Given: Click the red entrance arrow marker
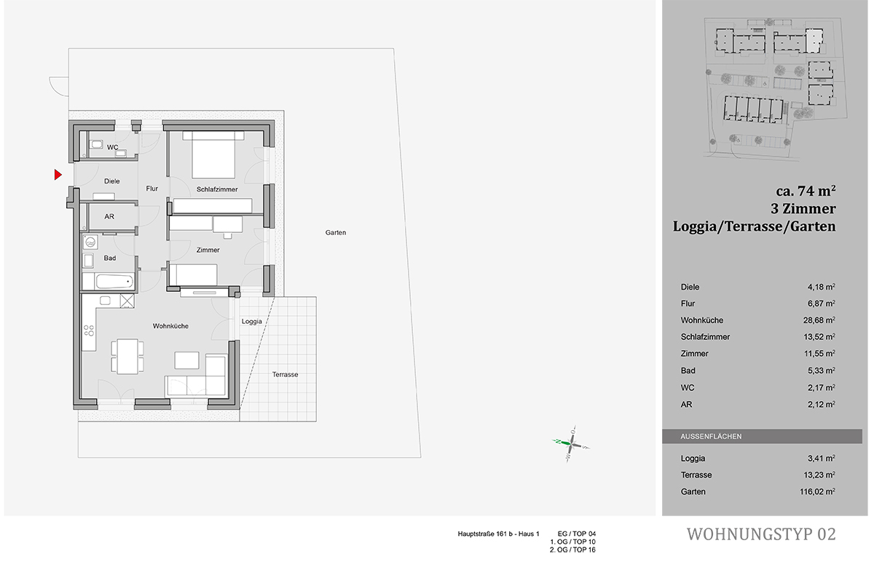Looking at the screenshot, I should [58, 175].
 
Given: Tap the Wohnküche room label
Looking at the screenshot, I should [170, 326].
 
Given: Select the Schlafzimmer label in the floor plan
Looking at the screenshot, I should [217, 189].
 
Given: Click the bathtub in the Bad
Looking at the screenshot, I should [109, 281].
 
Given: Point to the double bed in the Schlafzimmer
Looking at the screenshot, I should [213, 156].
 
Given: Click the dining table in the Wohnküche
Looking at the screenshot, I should [127, 355].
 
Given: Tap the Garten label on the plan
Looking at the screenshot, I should [336, 233].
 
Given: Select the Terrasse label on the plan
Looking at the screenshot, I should [285, 374].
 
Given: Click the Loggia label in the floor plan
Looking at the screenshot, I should [251, 321].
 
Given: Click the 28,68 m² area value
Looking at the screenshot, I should [819, 320].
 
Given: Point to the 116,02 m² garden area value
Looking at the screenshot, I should [817, 492].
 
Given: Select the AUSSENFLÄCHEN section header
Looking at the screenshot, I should [711, 437].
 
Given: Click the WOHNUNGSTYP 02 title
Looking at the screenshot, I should [761, 534].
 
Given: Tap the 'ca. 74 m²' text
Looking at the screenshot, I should [805, 191].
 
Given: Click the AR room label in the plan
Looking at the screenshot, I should [109, 217].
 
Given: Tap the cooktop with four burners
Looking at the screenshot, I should [89, 333].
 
